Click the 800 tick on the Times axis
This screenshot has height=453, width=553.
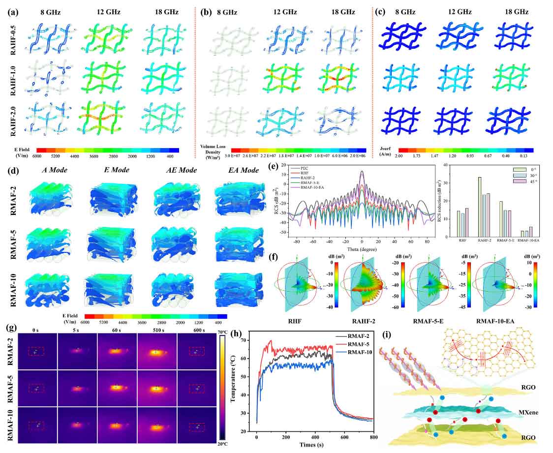click(x=373, y=436)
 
